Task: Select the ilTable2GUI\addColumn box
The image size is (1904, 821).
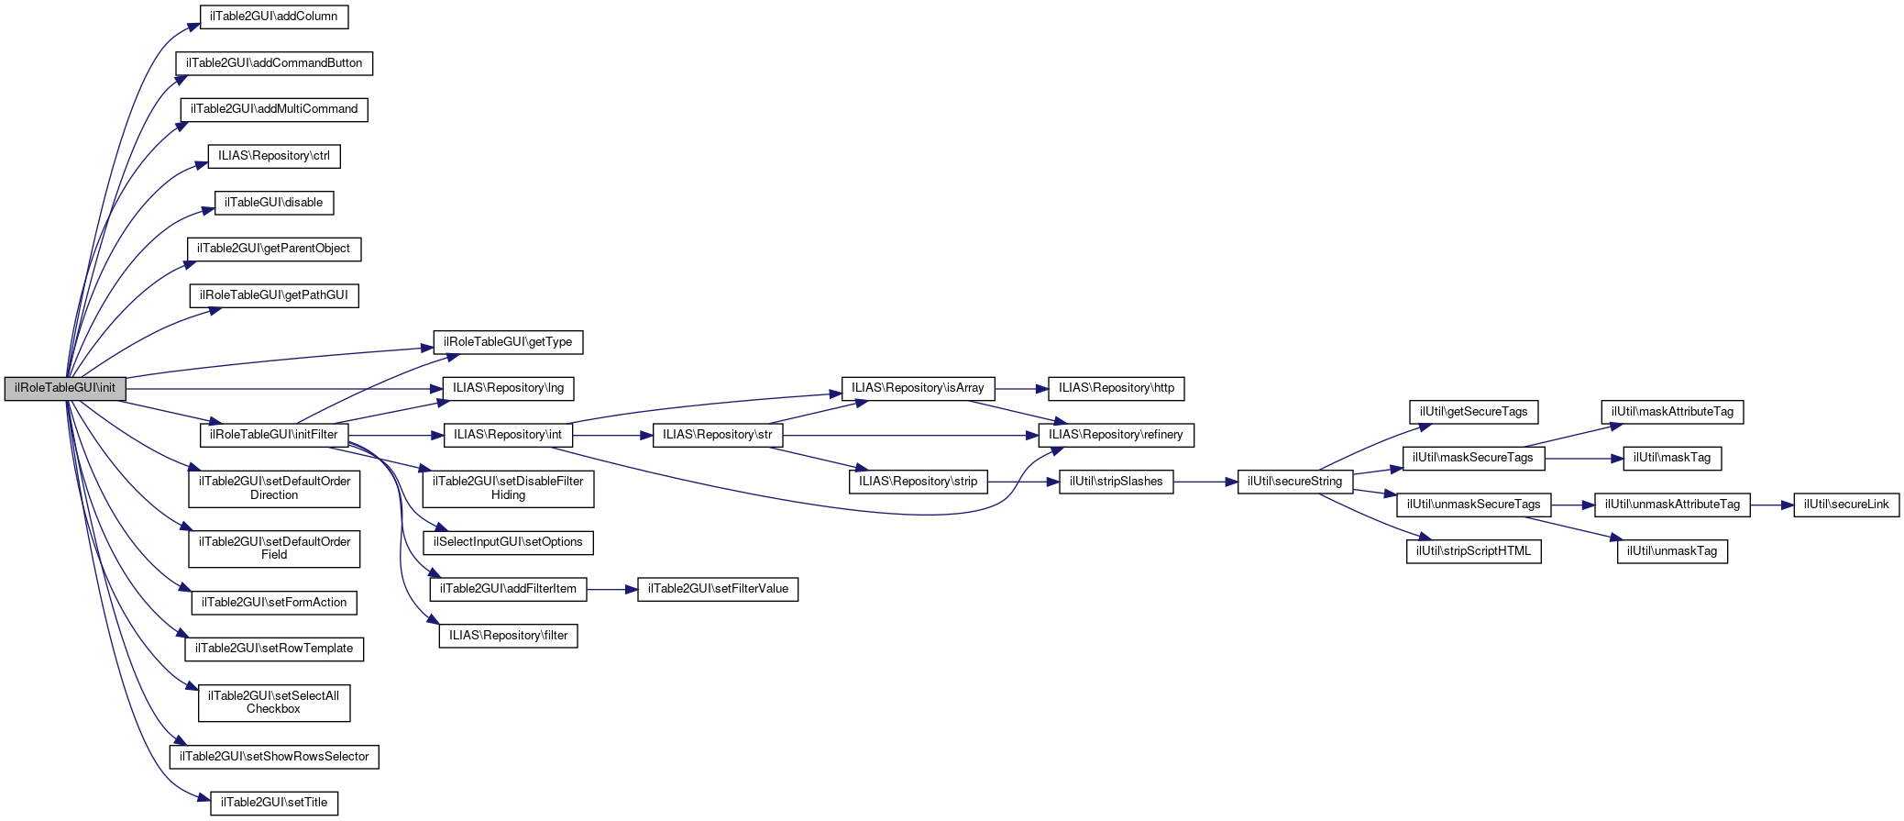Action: click(274, 17)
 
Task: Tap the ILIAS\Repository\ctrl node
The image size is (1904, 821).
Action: click(274, 156)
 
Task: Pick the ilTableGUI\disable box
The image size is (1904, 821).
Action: click(274, 203)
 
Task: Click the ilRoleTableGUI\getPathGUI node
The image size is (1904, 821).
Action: click(274, 295)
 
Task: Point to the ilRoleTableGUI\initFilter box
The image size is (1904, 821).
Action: click(274, 435)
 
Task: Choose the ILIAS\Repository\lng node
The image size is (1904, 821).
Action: click(508, 388)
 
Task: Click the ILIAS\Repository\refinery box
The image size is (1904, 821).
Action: click(1116, 435)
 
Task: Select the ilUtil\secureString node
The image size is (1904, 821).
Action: click(1294, 482)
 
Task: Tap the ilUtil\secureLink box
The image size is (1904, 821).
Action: click(1846, 505)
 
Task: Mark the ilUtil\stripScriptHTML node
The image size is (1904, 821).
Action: click(1473, 551)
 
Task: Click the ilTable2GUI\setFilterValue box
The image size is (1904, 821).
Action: click(718, 589)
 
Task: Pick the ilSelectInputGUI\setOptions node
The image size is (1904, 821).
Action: click(508, 542)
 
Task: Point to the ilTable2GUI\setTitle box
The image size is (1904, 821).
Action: click(274, 803)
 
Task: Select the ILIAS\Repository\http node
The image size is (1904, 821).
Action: click(1116, 388)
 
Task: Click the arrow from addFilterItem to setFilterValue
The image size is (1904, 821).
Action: click(611, 589)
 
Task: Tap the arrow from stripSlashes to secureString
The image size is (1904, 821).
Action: click(1205, 482)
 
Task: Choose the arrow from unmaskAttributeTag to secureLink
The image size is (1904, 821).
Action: click(1771, 505)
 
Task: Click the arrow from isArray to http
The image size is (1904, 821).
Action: click(1020, 388)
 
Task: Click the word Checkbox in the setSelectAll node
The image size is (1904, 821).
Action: click(273, 709)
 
